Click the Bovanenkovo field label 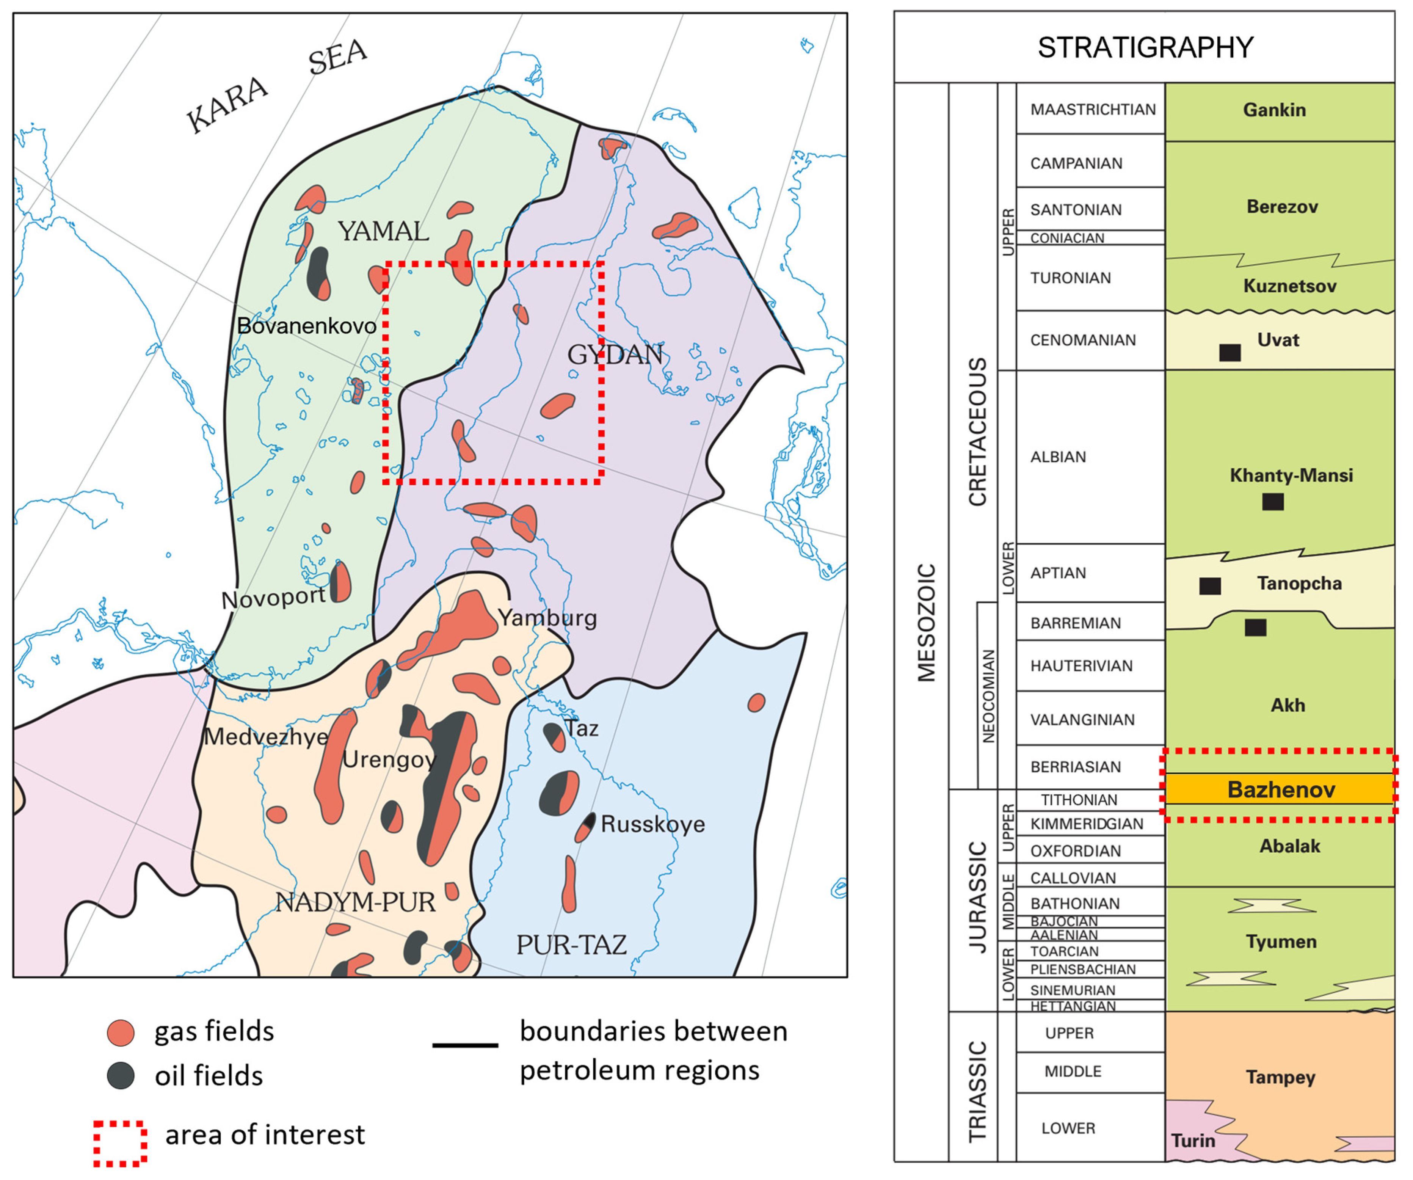pos(306,326)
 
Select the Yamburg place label pos(547,618)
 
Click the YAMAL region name pos(383,232)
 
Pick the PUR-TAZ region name pos(571,945)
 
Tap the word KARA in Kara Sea pos(227,106)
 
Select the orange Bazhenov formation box pos(1280,789)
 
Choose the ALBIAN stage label pos(1058,457)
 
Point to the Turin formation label pos(1193,1140)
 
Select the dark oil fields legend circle pos(121,1076)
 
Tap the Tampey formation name pos(1280,1077)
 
